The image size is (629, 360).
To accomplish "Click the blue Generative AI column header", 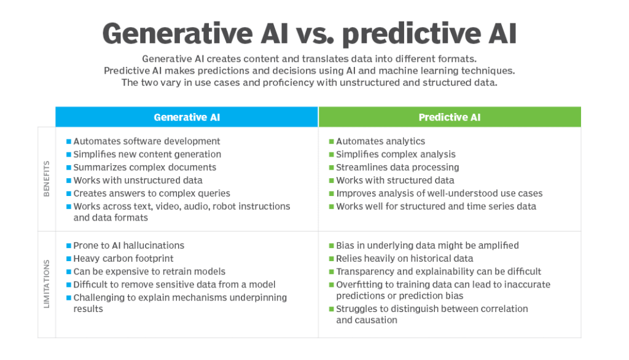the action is (x=187, y=117).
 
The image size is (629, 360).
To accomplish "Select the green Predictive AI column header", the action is (x=450, y=117).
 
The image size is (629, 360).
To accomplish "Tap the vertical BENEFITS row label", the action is (x=47, y=179).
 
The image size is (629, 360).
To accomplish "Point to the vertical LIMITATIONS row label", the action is (x=47, y=284).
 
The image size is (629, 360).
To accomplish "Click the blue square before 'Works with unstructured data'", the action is (x=69, y=181).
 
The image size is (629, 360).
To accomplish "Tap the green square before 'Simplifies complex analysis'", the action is (x=331, y=155).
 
